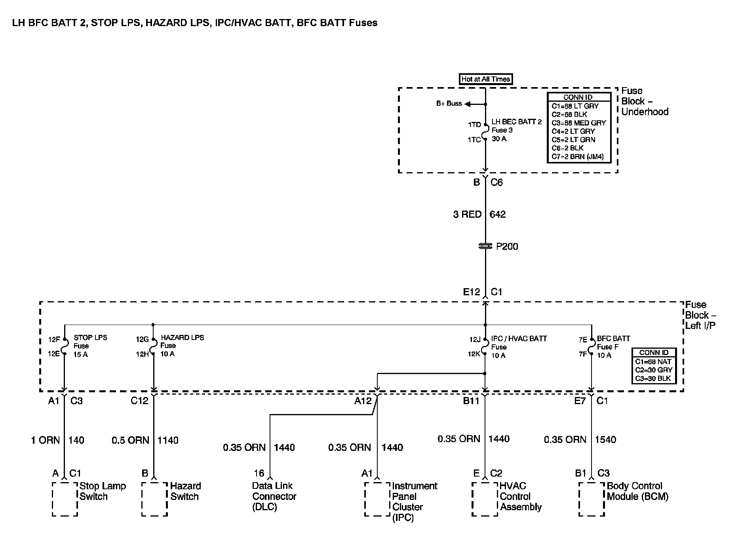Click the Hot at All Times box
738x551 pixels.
pyautogui.click(x=485, y=79)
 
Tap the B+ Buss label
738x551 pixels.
pyautogui.click(x=449, y=104)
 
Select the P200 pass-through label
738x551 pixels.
pyautogui.click(x=507, y=247)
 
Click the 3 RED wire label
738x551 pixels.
pyautogui.click(x=467, y=215)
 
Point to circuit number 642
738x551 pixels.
pyautogui.click(x=498, y=215)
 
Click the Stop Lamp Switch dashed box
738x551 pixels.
pyautogui.click(x=65, y=499)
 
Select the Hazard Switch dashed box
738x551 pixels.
pyautogui.click(x=154, y=499)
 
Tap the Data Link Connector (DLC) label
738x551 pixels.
pyautogui.click(x=274, y=496)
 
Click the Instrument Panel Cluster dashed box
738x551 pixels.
pyautogui.click(x=377, y=499)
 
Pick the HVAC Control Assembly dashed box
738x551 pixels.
pyautogui.click(x=485, y=499)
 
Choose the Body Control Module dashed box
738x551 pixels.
pyautogui.click(x=592, y=499)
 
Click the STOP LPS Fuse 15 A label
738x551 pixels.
pyautogui.click(x=90, y=346)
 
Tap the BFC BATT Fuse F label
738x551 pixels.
pyautogui.click(x=613, y=347)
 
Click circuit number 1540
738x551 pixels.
pyautogui.click(x=605, y=440)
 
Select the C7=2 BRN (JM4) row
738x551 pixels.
pyautogui.click(x=578, y=157)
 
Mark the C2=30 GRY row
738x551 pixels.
pyautogui.click(x=654, y=370)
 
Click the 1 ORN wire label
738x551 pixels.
pyautogui.click(x=46, y=440)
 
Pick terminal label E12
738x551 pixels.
pyautogui.click(x=472, y=292)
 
